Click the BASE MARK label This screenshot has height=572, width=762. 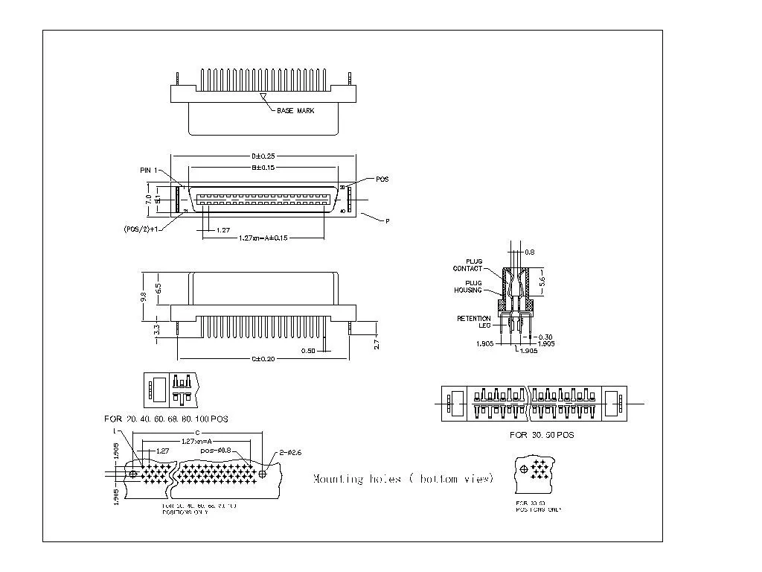coord(295,111)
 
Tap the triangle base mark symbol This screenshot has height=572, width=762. coord(263,97)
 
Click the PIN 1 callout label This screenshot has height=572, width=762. coord(149,171)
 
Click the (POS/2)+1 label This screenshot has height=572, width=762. coord(141,229)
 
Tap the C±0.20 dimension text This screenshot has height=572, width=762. coord(263,358)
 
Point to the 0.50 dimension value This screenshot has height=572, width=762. coord(307,350)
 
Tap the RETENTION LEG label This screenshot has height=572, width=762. coord(474,322)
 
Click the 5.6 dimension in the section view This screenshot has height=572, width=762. coord(542,282)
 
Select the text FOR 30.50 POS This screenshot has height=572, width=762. coord(542,434)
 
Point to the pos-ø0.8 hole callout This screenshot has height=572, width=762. coord(217,450)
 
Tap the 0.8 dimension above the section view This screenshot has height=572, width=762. coord(529,252)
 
